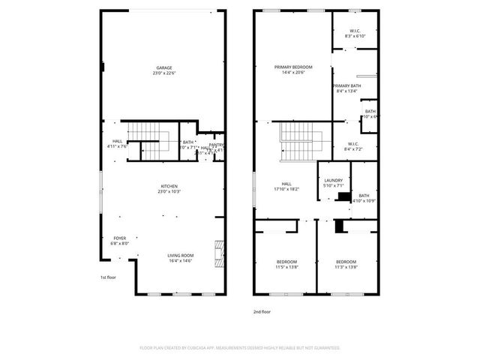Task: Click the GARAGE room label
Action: (x=164, y=67)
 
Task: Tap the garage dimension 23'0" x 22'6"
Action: (x=164, y=73)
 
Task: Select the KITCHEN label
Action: (x=169, y=186)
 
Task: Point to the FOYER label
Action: (x=120, y=238)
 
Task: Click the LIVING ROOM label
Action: (x=180, y=255)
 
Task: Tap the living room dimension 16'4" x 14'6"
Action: (x=180, y=261)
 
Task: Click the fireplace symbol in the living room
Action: (x=219, y=253)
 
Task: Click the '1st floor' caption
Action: (x=109, y=277)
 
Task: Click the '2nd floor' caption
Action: (x=262, y=310)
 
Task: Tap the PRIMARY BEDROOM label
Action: (x=292, y=67)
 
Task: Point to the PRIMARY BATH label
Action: (x=347, y=86)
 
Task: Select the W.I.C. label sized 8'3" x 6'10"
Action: (x=355, y=31)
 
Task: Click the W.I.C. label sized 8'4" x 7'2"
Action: (x=352, y=144)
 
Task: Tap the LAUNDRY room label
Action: (x=333, y=180)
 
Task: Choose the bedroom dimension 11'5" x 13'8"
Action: (x=286, y=267)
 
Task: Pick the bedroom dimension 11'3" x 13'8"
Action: (x=346, y=267)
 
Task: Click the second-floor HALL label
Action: (x=286, y=183)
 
